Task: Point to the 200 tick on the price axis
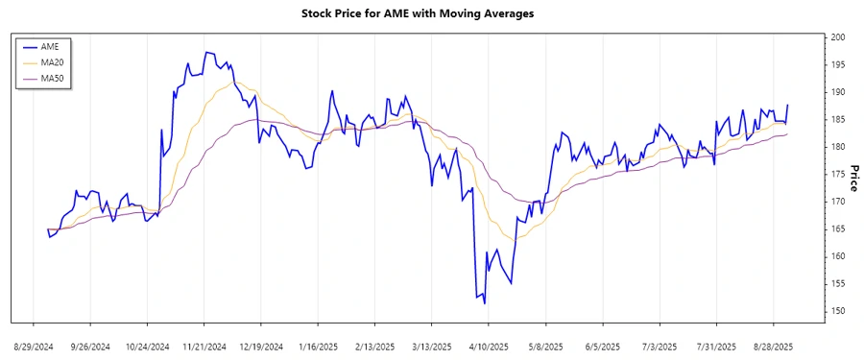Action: coord(838,37)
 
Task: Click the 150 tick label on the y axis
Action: coord(838,311)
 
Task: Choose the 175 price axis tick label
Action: coord(838,174)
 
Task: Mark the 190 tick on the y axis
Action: coord(838,92)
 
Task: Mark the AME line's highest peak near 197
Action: coord(205,52)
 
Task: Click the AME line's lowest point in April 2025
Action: coord(485,303)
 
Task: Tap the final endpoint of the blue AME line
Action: coord(788,105)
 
